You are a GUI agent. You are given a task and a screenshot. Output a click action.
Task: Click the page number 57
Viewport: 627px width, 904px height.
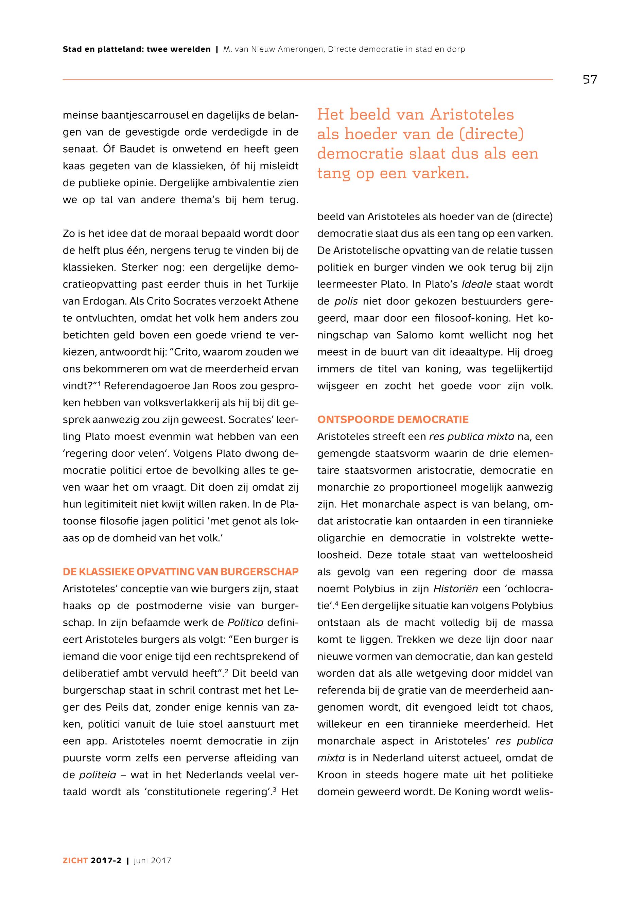tap(590, 80)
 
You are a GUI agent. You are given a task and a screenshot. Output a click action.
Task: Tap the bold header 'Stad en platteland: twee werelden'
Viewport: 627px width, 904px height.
tap(136, 50)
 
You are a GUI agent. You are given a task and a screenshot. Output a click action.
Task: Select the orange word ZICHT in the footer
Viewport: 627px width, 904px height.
tap(75, 860)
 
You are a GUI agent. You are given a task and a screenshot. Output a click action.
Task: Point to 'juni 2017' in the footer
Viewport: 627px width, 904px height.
tap(153, 860)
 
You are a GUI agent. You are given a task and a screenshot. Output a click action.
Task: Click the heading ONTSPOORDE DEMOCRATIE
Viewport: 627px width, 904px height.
tap(393, 420)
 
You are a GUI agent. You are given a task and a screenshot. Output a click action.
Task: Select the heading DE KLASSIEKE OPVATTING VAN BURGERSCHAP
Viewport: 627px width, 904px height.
tap(181, 572)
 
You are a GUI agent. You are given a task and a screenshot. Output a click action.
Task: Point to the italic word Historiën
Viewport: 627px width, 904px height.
tap(456, 589)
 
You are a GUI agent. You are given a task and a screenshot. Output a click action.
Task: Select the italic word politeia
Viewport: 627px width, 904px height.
tap(98, 775)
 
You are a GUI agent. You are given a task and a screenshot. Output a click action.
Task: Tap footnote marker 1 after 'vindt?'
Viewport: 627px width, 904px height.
tap(99, 383)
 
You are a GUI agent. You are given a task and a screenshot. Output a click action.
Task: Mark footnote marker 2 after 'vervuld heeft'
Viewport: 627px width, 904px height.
tap(227, 671)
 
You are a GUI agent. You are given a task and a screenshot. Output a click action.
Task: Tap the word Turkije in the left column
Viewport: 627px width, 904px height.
tap(282, 284)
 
